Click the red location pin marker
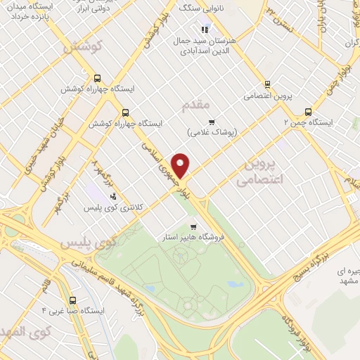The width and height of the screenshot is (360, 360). pyautogui.click(x=181, y=165)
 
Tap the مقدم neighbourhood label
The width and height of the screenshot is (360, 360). pyautogui.click(x=195, y=105)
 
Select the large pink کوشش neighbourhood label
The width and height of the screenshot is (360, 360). pyautogui.click(x=83, y=47)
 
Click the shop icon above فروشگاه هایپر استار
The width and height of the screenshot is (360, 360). pyautogui.click(x=193, y=226)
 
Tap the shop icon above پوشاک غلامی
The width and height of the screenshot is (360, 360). pyautogui.click(x=210, y=121)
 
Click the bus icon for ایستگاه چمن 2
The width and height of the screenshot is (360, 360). pyautogui.click(x=308, y=111)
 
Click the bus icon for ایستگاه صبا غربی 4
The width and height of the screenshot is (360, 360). pyautogui.click(x=85, y=297)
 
